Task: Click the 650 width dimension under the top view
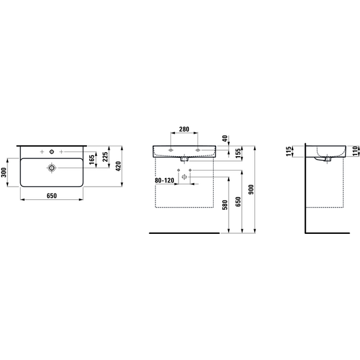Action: pos(52,196)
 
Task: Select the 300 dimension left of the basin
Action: pos(4,172)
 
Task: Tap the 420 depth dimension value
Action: pos(119,166)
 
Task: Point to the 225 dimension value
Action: pos(105,157)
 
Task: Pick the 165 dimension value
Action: pos(92,160)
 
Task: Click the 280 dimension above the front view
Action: pos(184,129)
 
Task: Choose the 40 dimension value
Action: pos(225,138)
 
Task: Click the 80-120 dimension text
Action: pos(164,180)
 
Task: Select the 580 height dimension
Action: pos(225,205)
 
